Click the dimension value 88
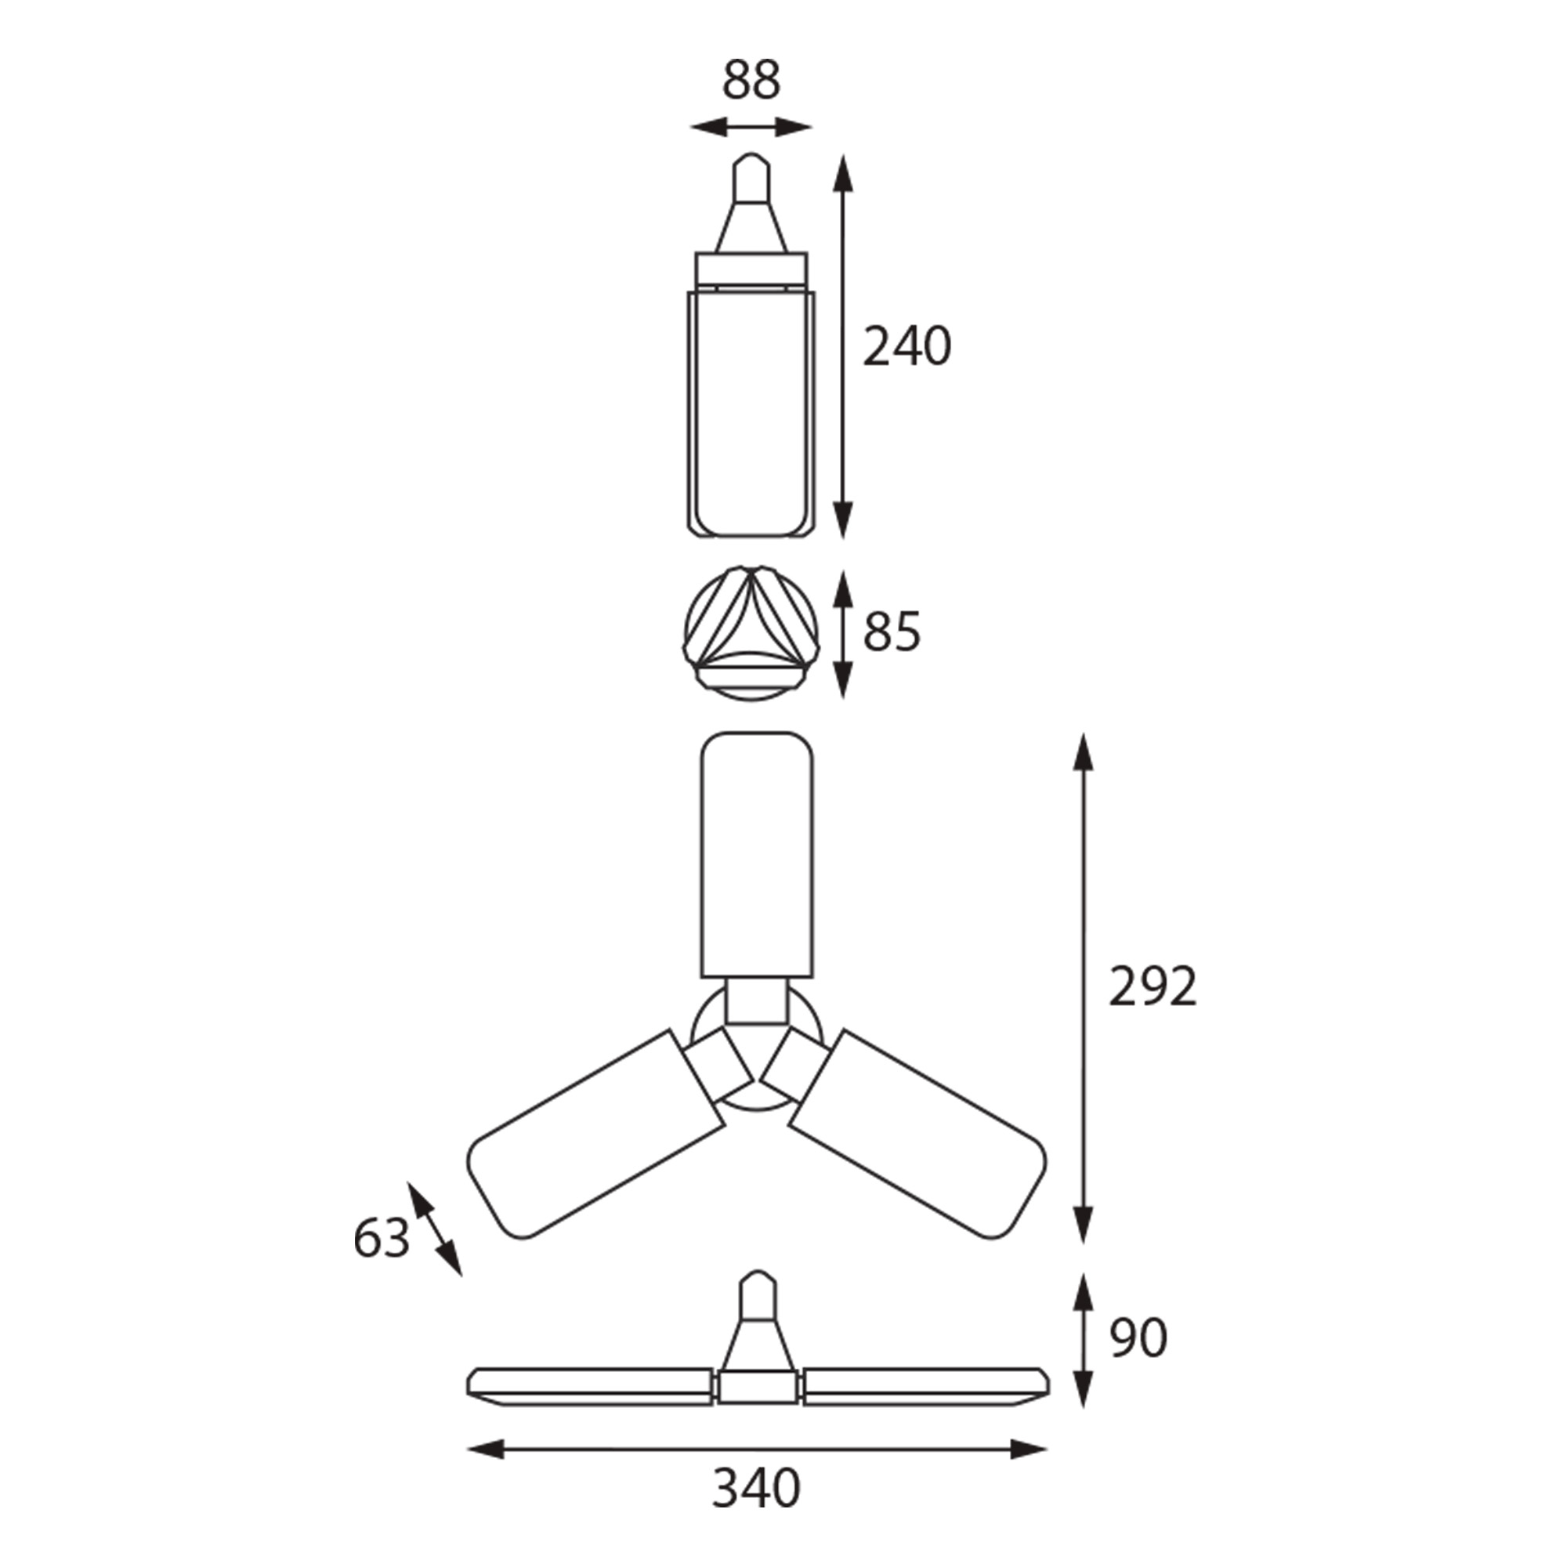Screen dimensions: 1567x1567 pyautogui.click(x=751, y=80)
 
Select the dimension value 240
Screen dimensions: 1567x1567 pyautogui.click(x=906, y=347)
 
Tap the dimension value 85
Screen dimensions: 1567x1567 pyautogui.click(x=892, y=632)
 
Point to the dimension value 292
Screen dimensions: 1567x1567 pyautogui.click(x=1153, y=987)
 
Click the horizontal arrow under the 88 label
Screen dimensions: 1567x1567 pyautogui.click(x=751, y=128)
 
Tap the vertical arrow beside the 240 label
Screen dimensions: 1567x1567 pyautogui.click(x=845, y=347)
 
